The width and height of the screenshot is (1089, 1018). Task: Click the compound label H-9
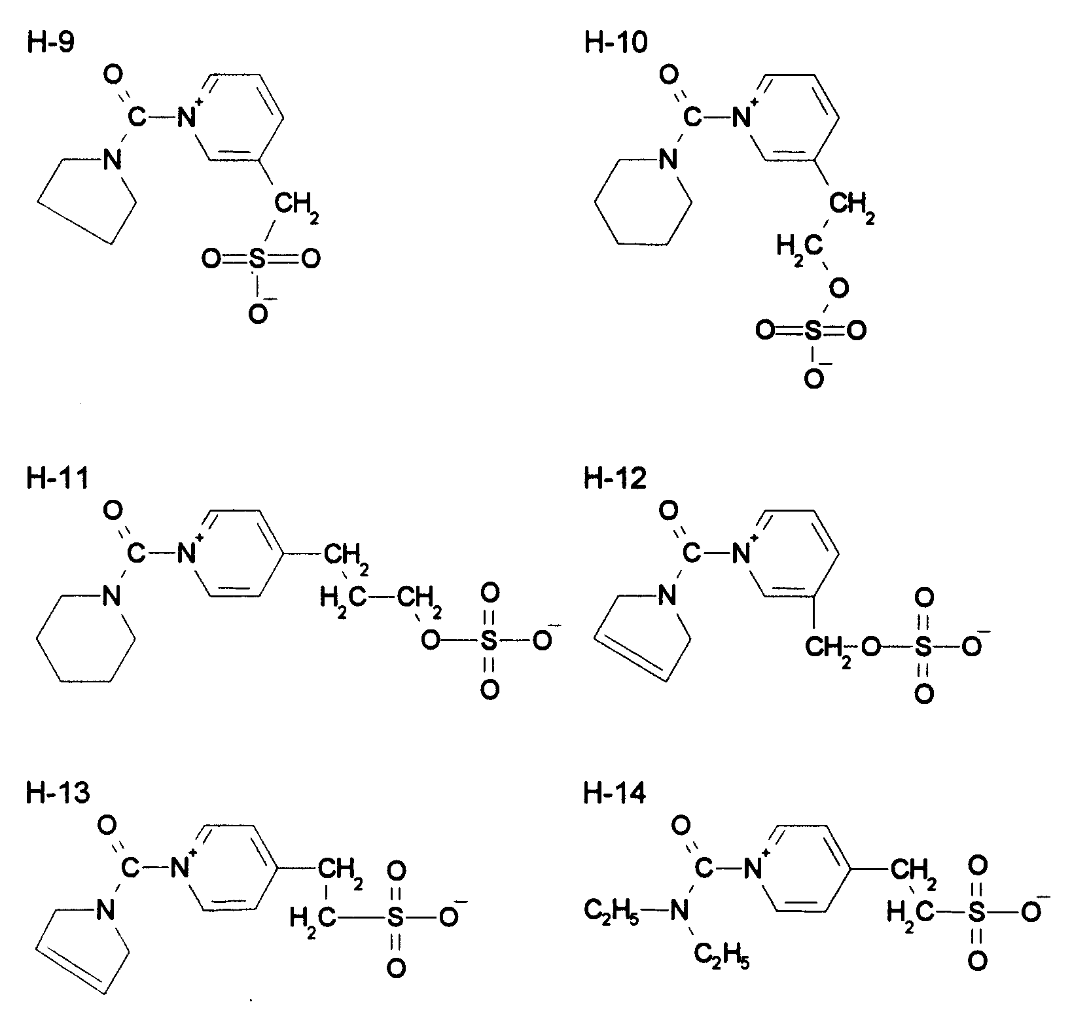(50, 43)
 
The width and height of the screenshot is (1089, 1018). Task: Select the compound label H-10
(615, 43)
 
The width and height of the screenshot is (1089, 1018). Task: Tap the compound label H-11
(57, 479)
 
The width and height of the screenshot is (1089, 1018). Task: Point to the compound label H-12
(615, 479)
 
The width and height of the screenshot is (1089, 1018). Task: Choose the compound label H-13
(58, 793)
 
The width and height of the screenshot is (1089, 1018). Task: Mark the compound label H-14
(615, 793)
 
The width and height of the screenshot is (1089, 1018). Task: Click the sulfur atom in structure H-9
(259, 260)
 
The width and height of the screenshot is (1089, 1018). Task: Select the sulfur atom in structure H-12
(923, 647)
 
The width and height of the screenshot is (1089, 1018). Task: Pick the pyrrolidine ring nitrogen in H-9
(113, 159)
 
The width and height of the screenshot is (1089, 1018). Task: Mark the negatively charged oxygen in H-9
(259, 314)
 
